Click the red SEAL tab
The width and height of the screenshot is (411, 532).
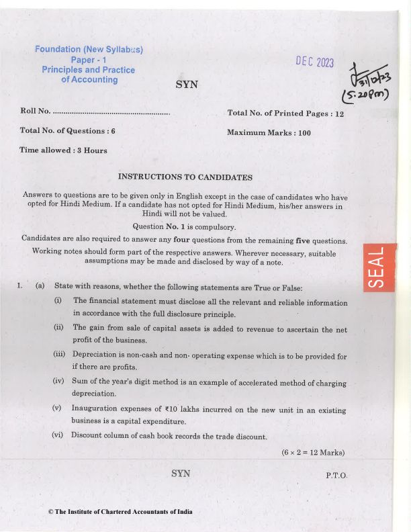pyautogui.click(x=379, y=267)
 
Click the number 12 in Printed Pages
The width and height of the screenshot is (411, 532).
pyautogui.click(x=339, y=114)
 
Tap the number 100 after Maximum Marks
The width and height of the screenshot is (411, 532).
pyautogui.click(x=305, y=133)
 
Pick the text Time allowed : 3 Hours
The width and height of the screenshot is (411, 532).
pyautogui.click(x=64, y=150)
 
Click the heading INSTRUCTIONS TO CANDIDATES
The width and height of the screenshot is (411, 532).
pyautogui.click(x=185, y=177)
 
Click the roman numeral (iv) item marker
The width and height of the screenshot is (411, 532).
pyautogui.click(x=58, y=382)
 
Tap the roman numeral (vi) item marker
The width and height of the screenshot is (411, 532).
pyautogui.click(x=58, y=435)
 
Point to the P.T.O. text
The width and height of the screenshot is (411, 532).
pyautogui.click(x=336, y=475)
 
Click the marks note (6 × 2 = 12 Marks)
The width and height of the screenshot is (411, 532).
pyautogui.click(x=312, y=452)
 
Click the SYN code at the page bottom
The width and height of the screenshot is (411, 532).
pyautogui.click(x=181, y=474)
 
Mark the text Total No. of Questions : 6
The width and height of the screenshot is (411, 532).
pyautogui.click(x=68, y=131)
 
